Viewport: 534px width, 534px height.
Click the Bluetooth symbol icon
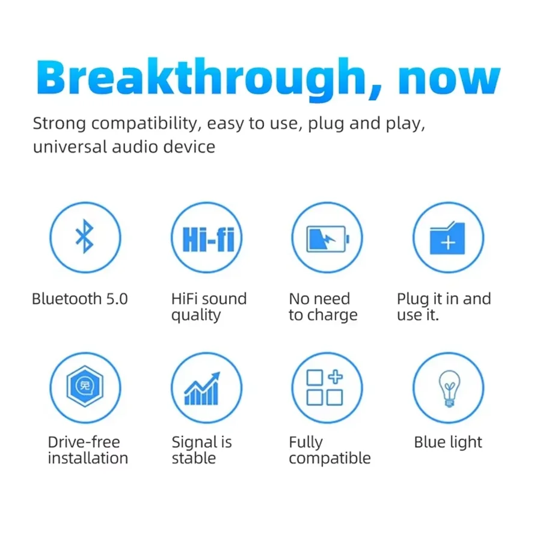[84, 236]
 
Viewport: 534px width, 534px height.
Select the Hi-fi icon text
[209, 239]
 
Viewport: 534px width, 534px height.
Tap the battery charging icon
[328, 239]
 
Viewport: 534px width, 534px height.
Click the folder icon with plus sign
[447, 238]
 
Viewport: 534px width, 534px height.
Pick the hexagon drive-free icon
[85, 386]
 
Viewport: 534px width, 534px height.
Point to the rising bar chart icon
[202, 388]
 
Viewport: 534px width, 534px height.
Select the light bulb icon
[449, 388]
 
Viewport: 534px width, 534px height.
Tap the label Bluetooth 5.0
[80, 299]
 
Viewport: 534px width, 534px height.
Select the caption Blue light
[448, 443]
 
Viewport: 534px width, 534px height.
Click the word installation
[88, 458]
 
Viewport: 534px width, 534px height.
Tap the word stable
[194, 458]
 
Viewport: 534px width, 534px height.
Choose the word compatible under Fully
[330, 459]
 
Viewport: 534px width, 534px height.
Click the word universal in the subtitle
[70, 147]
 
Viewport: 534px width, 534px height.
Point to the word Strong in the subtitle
[60, 124]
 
